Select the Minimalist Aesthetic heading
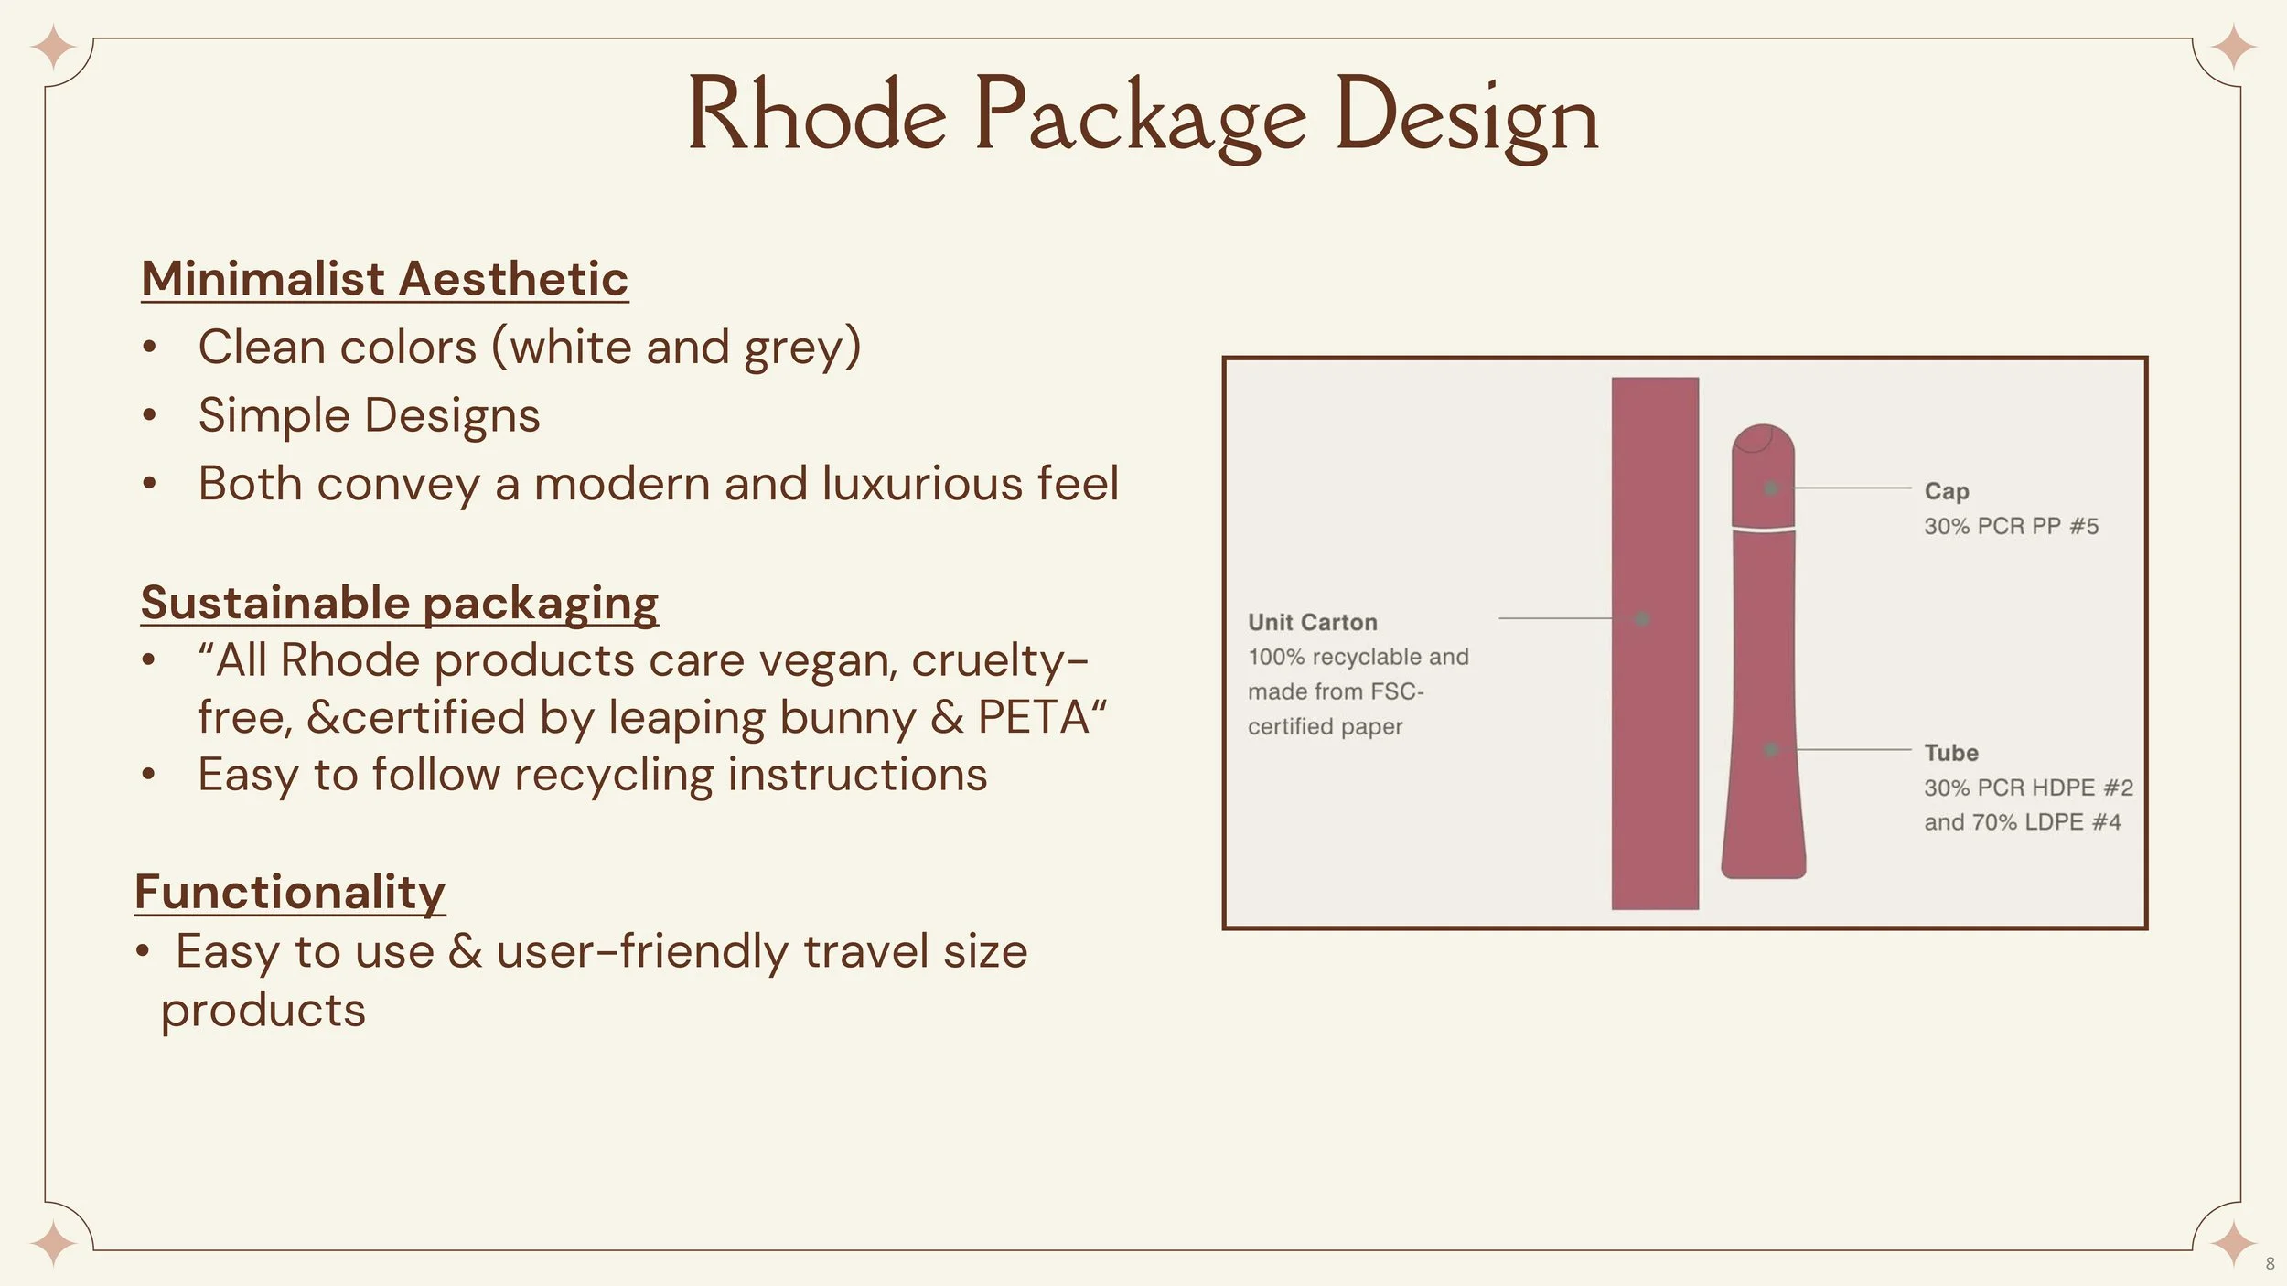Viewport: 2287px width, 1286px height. click(384, 278)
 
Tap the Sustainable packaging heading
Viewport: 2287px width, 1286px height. click(399, 603)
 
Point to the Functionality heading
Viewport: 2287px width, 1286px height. click(290, 891)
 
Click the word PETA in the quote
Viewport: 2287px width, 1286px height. click(1034, 717)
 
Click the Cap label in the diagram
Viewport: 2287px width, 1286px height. click(1946, 491)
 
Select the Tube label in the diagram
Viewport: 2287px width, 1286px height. click(1950, 753)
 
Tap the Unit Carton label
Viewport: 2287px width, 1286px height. click(1312, 622)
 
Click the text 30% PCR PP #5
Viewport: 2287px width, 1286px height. click(2011, 526)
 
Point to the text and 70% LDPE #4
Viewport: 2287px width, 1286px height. click(2022, 821)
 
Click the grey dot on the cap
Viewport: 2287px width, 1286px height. click(1771, 488)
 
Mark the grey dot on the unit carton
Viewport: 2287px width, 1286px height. click(1642, 618)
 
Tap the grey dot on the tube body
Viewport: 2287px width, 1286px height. click(1771, 749)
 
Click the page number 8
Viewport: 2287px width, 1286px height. click(2270, 1264)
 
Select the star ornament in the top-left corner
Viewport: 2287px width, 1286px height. click(53, 48)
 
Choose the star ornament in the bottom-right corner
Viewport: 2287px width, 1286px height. click(2233, 1244)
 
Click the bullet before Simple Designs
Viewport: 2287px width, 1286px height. click(149, 415)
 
